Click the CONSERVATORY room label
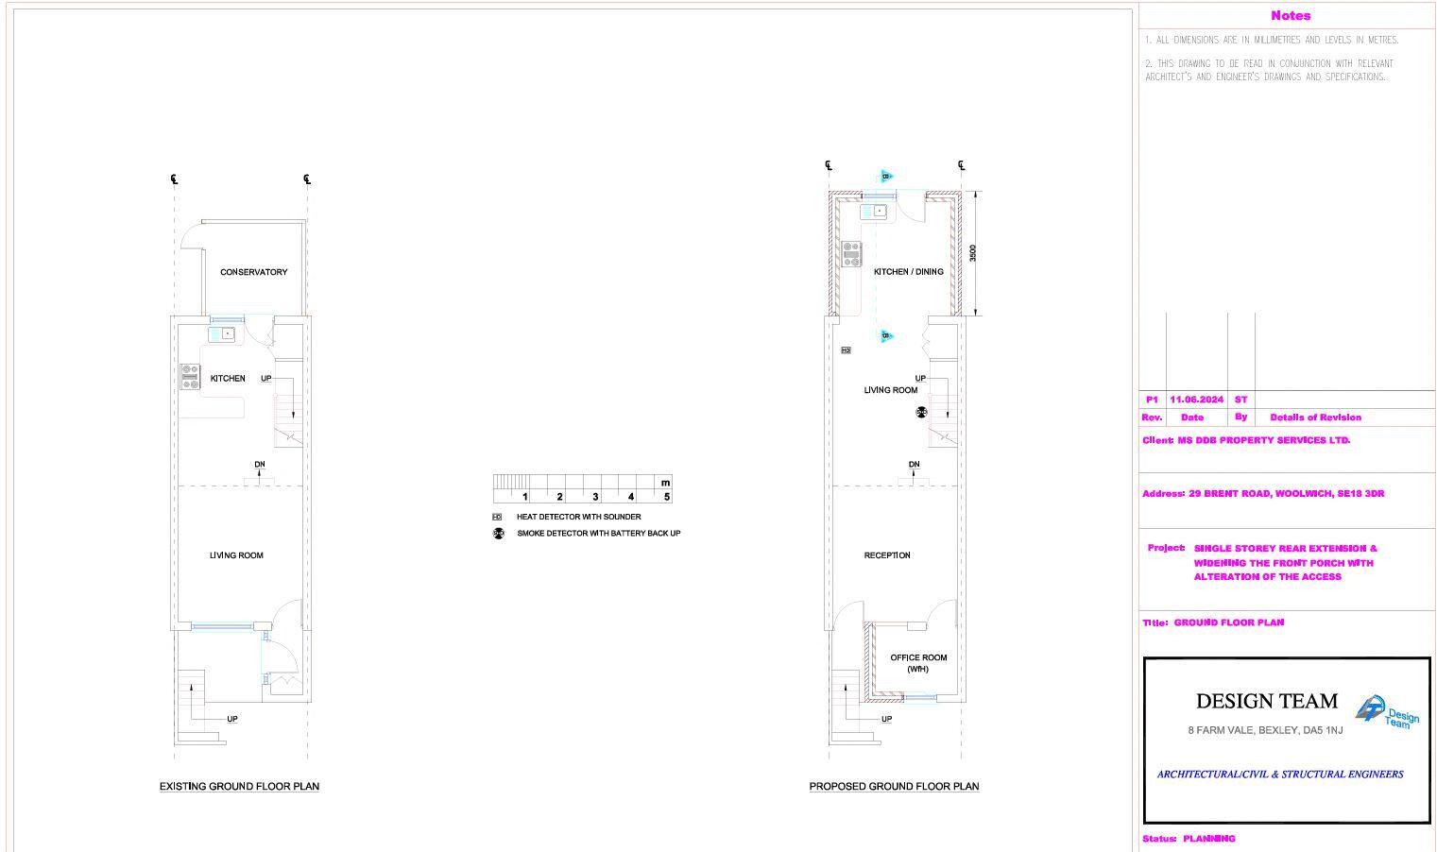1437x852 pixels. (x=253, y=272)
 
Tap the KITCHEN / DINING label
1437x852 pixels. (x=908, y=272)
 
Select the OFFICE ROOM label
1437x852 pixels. (x=918, y=657)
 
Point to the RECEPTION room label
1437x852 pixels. (x=887, y=555)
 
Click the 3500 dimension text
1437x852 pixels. (x=972, y=253)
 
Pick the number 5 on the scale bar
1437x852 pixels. (x=667, y=497)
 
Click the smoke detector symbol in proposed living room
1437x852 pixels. (x=921, y=413)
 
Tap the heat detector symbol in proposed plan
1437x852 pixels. (x=846, y=350)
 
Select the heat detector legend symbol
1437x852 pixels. (x=497, y=518)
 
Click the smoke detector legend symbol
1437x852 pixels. (x=498, y=534)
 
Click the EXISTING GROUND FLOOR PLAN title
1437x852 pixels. (x=239, y=786)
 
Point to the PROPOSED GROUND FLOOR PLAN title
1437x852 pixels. (x=894, y=786)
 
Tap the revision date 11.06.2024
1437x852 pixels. (x=1196, y=400)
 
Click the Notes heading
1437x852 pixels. (x=1290, y=15)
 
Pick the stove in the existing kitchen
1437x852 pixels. (x=190, y=377)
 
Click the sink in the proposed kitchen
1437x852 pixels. (x=873, y=211)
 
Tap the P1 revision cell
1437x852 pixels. (x=1152, y=400)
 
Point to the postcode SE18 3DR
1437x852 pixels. (x=1360, y=493)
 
